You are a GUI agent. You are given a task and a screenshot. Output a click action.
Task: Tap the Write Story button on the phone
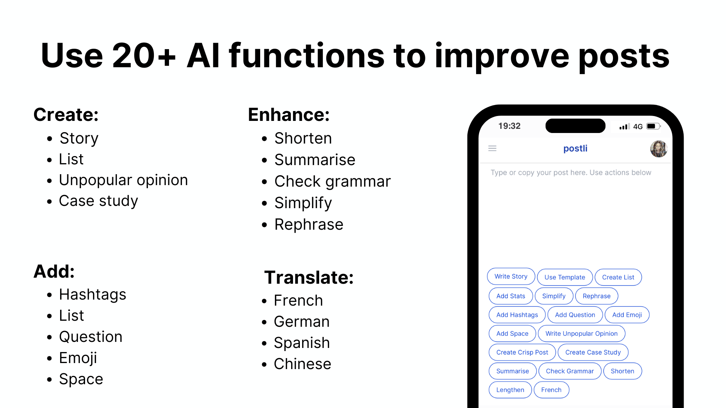click(x=511, y=277)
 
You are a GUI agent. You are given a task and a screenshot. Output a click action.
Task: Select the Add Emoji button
click(x=627, y=315)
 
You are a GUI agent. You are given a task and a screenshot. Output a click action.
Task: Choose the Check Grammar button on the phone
click(x=570, y=371)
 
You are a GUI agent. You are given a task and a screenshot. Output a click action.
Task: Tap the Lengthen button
click(x=510, y=390)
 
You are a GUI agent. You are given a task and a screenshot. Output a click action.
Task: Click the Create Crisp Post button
click(x=522, y=352)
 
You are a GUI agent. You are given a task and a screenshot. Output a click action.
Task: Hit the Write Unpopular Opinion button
click(x=582, y=334)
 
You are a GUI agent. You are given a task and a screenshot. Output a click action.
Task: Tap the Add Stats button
click(x=510, y=296)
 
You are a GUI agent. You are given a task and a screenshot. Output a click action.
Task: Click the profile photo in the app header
click(x=658, y=149)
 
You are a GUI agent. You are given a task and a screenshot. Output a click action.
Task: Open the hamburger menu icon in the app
click(x=492, y=148)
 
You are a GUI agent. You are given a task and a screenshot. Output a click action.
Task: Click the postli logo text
click(x=575, y=148)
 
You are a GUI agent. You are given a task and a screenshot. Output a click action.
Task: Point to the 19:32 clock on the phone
click(x=509, y=126)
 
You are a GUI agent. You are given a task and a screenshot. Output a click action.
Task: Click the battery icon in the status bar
click(x=653, y=127)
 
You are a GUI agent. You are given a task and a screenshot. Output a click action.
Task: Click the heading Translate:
click(x=309, y=278)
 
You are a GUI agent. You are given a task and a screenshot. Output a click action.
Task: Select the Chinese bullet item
click(x=302, y=364)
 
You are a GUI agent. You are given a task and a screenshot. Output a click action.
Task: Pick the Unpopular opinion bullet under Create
click(x=123, y=180)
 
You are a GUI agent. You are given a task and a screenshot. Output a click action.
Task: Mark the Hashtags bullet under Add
click(x=93, y=295)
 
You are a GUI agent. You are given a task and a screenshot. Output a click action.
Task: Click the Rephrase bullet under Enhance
click(x=309, y=225)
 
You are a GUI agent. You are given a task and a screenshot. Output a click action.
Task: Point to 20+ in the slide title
click(x=144, y=56)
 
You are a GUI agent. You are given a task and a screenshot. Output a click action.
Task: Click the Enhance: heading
click(x=289, y=114)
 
